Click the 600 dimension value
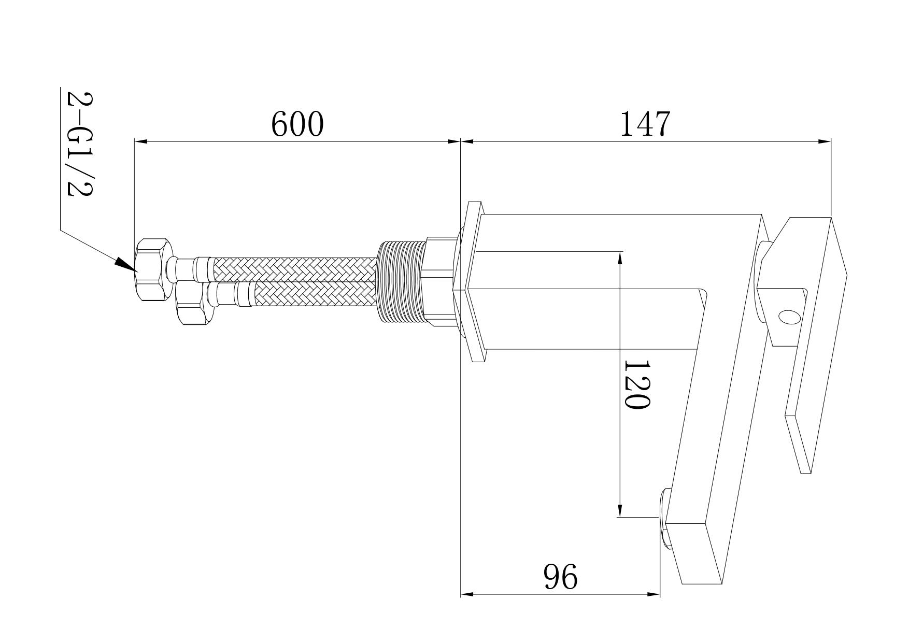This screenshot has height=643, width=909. coord(297,124)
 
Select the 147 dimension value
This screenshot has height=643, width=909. coord(645,124)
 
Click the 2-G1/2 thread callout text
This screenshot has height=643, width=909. coord(79,144)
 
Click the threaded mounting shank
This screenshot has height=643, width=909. coord(402,282)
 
